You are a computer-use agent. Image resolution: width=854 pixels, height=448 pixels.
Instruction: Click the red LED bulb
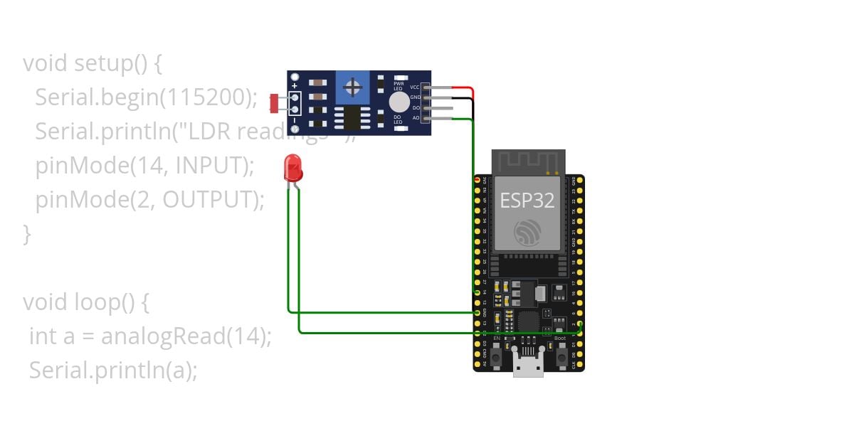292,168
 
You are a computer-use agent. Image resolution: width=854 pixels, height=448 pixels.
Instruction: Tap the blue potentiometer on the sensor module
351,87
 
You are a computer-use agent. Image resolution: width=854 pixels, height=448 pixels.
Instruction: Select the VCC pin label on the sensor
414,87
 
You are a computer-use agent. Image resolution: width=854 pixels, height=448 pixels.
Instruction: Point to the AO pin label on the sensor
416,118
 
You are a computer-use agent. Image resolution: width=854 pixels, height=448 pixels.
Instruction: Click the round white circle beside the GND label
399,101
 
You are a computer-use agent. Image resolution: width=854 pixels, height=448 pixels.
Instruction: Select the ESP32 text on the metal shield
527,200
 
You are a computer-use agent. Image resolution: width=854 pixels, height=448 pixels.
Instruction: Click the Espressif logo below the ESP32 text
527,232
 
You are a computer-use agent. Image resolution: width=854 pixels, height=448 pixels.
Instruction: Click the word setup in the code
102,63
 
